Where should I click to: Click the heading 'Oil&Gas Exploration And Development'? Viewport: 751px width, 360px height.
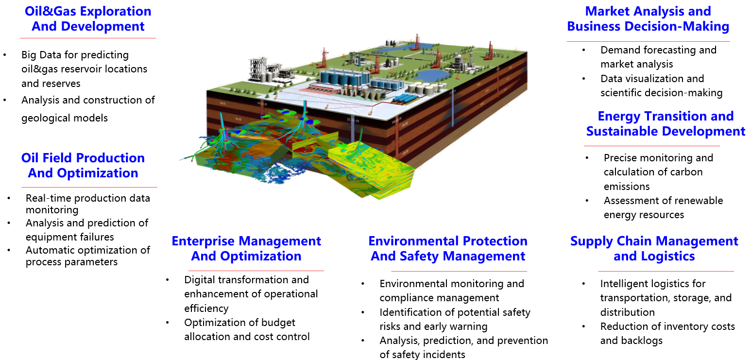(x=88, y=19)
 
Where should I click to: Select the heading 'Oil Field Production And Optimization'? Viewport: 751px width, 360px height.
(x=83, y=166)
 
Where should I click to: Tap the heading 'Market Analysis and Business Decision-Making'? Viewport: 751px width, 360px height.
(x=648, y=19)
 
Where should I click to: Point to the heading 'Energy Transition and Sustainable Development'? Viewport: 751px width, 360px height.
(x=666, y=124)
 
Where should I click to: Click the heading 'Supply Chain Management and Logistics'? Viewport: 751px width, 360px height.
(x=654, y=248)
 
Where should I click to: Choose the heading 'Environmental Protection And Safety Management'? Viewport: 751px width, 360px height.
(x=448, y=248)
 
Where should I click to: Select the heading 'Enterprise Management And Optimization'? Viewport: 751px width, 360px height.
(x=246, y=248)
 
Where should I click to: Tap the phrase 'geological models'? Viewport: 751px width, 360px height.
(x=65, y=118)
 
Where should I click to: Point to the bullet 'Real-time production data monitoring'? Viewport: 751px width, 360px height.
(x=88, y=204)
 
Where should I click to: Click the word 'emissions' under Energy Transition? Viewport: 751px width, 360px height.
(x=627, y=187)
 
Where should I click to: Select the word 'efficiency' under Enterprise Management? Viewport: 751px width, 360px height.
(x=206, y=309)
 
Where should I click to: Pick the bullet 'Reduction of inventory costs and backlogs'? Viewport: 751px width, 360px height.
(x=667, y=333)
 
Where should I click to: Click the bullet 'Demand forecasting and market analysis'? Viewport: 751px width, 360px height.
(x=659, y=57)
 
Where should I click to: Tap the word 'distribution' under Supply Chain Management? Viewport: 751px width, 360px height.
(x=627, y=312)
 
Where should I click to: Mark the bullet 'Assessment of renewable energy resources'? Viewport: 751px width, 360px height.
(x=663, y=207)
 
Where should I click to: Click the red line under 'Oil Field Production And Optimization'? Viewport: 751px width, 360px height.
(x=89, y=187)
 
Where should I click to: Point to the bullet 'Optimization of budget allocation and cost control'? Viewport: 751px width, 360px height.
(x=247, y=329)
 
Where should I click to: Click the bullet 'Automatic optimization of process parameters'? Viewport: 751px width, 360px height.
(x=88, y=256)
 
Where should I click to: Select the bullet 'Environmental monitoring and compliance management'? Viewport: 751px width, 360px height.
(x=452, y=291)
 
